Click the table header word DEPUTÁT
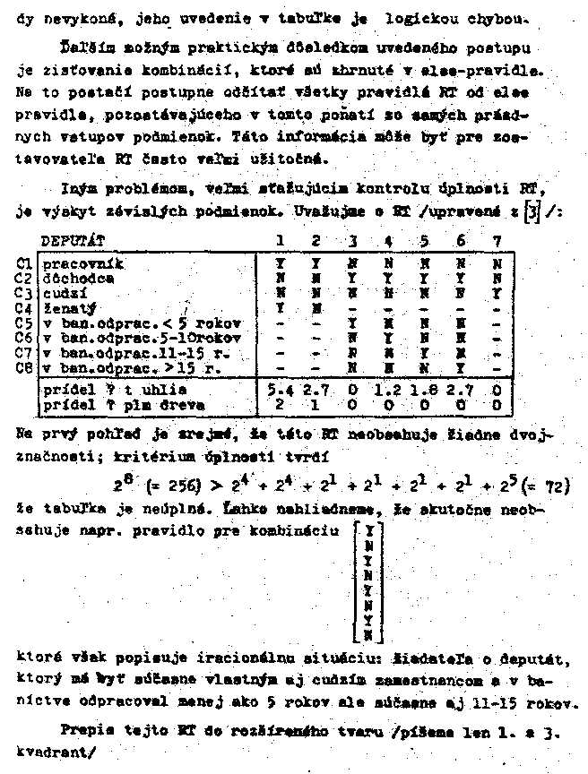[x=73, y=241]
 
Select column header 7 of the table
[x=497, y=241]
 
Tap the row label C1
[x=24, y=264]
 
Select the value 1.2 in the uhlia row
[x=386, y=390]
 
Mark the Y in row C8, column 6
[x=461, y=365]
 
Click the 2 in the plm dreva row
[x=278, y=404]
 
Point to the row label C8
[x=24, y=365]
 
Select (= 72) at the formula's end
[x=549, y=486]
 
